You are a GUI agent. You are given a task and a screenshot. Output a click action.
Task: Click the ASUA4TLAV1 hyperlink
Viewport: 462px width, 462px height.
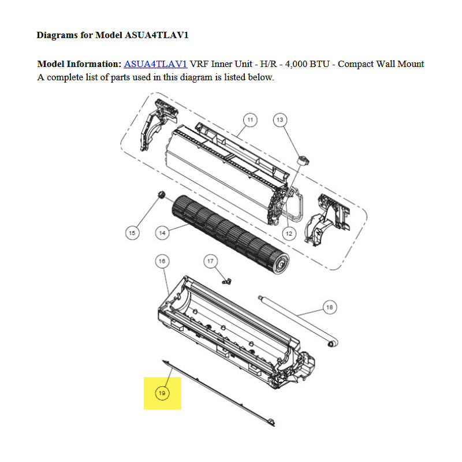[155, 64]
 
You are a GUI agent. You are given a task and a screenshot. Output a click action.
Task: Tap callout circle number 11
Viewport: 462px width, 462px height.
[250, 120]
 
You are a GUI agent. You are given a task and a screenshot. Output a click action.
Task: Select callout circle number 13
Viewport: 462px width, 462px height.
[280, 120]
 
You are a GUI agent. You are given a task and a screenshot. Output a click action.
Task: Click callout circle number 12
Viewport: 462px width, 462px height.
[289, 234]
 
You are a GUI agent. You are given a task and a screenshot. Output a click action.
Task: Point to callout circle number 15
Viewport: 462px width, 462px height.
[132, 233]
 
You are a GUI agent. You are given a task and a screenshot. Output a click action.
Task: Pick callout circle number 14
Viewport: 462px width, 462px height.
[162, 233]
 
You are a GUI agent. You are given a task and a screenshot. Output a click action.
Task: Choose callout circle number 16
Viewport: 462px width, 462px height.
[162, 261]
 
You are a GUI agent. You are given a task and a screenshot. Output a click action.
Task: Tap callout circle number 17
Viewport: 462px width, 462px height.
[210, 261]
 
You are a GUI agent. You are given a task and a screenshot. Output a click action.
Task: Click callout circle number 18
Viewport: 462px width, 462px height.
[330, 307]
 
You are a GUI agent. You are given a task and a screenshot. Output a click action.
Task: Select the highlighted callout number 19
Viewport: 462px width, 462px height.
[162, 393]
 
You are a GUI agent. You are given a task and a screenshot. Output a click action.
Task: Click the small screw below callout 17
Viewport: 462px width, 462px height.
[226, 281]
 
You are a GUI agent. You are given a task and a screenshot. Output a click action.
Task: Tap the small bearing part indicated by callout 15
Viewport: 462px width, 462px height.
[162, 194]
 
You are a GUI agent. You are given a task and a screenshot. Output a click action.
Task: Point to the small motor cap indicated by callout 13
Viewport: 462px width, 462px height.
[303, 161]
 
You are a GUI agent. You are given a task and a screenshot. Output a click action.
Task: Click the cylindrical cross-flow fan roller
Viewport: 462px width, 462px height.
[230, 234]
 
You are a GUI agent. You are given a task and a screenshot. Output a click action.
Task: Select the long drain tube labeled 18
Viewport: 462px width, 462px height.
[298, 321]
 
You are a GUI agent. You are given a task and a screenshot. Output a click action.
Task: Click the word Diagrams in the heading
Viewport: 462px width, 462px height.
[57, 35]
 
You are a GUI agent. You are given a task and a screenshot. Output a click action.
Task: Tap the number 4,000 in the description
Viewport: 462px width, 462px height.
[296, 64]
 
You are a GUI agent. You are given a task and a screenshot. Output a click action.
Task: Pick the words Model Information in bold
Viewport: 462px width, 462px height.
[79, 64]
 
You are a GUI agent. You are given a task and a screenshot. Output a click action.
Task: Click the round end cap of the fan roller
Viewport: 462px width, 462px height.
[281, 264]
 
